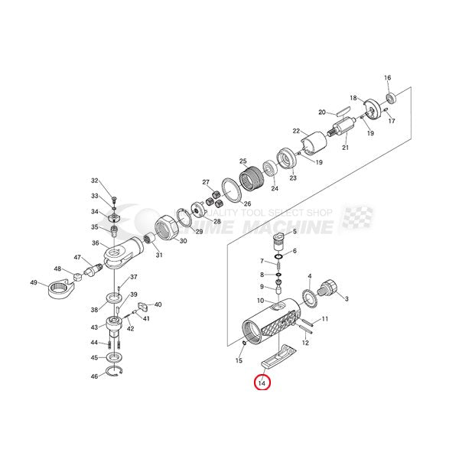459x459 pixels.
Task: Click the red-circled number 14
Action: coord(262,381)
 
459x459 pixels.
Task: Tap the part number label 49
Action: coord(34,283)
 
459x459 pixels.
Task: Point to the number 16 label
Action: coord(387,78)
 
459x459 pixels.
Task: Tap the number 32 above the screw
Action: coord(95,181)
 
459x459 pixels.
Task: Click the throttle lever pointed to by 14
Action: coord(277,355)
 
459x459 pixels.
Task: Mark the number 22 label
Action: coord(295,131)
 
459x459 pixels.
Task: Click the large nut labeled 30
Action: coord(167,228)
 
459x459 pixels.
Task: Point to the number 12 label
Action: coord(305,343)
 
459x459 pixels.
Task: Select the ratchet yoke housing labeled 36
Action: coord(122,250)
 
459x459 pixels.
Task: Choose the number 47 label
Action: coord(77,257)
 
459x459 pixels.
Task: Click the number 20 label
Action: coord(323,112)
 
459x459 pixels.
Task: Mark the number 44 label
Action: coord(95,342)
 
